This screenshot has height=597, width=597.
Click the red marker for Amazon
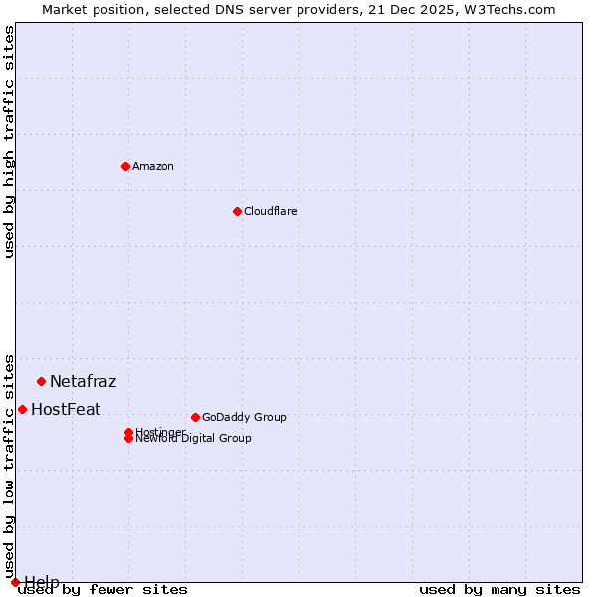125,166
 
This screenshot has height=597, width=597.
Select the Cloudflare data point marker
237,211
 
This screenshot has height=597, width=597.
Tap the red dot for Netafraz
41,381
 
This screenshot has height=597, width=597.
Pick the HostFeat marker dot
22,409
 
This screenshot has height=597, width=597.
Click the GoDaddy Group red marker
195,417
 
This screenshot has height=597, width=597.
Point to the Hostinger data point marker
128,432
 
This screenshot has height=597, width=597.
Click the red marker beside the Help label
15,582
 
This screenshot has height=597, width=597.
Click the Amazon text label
152,166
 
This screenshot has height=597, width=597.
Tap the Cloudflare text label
270,211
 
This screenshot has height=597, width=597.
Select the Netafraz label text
83,381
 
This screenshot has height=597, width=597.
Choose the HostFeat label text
66,409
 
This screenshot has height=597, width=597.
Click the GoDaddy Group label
244,417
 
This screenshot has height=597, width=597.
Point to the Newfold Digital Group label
194,439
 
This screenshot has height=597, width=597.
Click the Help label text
42,581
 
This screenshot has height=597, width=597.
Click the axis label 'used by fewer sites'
103,589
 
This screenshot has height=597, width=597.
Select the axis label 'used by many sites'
499,589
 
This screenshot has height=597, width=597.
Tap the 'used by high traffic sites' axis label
9,141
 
